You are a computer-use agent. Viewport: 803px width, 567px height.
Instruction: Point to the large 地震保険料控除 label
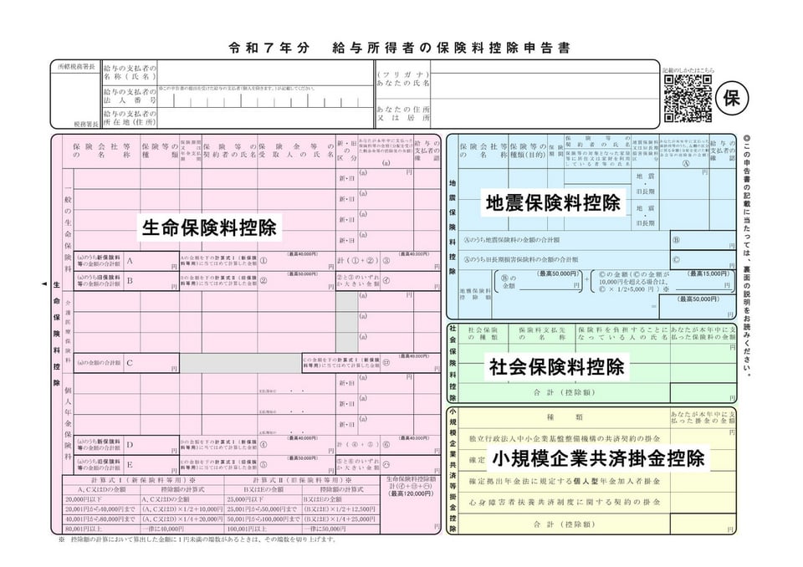(x=554, y=202)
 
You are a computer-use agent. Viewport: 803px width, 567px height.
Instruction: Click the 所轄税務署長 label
(x=74, y=65)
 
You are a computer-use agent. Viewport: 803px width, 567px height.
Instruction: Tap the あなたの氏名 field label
(x=402, y=79)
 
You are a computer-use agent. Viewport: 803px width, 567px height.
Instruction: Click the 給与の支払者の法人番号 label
(x=130, y=95)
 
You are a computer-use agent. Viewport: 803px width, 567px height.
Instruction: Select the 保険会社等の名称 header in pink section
(x=101, y=150)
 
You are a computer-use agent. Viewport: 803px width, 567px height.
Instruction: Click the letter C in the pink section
(x=130, y=363)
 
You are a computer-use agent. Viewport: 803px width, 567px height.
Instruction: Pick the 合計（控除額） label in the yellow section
(x=563, y=524)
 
